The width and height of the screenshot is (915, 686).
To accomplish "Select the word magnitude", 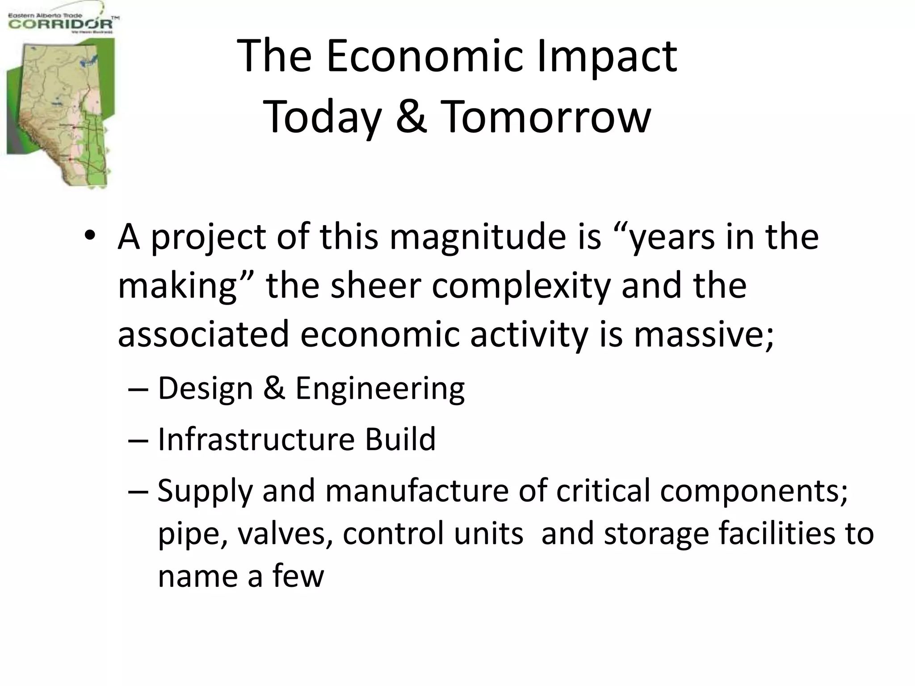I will [478, 237].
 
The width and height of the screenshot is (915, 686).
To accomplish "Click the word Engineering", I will [380, 389].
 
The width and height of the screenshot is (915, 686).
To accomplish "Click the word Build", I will [400, 439].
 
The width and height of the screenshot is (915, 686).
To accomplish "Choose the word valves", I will [285, 534].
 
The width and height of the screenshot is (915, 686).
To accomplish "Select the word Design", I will [205, 389].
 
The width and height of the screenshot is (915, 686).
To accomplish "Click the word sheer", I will [376, 286].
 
